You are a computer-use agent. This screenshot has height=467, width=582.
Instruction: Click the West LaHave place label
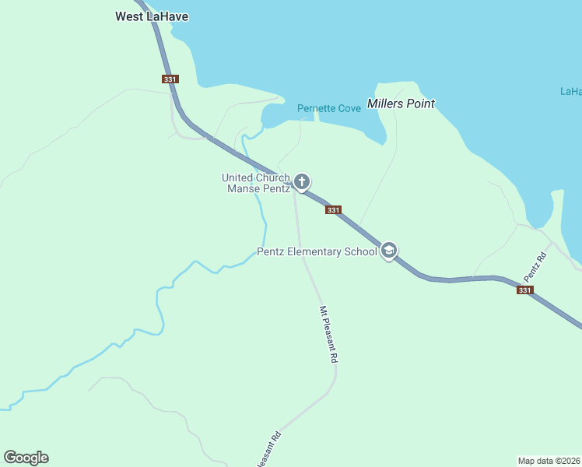[x=152, y=16]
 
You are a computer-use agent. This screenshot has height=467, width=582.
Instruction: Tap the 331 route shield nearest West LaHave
[x=170, y=79]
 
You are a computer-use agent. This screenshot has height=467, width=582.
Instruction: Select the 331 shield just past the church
[x=333, y=210]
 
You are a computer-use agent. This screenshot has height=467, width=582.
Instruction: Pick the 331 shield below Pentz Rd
[x=524, y=290]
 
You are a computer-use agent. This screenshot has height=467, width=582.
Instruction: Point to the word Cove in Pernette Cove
[x=350, y=108]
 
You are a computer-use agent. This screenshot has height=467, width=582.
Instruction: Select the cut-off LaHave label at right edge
[x=571, y=91]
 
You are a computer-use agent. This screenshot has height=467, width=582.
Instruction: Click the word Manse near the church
[x=243, y=188]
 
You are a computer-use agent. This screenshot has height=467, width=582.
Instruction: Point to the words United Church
[x=256, y=177]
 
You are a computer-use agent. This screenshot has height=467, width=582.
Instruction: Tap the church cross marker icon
[x=302, y=182]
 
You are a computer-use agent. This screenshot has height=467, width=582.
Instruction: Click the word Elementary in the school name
[x=320, y=251]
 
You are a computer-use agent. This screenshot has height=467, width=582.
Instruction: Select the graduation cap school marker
[x=390, y=251]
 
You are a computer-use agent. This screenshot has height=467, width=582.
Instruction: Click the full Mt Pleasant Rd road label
[x=328, y=335]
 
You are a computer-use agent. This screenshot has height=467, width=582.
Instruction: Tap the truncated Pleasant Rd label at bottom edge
[x=268, y=450]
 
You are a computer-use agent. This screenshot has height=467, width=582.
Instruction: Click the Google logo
[x=26, y=458]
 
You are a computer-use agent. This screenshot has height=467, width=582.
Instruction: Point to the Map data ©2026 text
[x=549, y=460]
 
